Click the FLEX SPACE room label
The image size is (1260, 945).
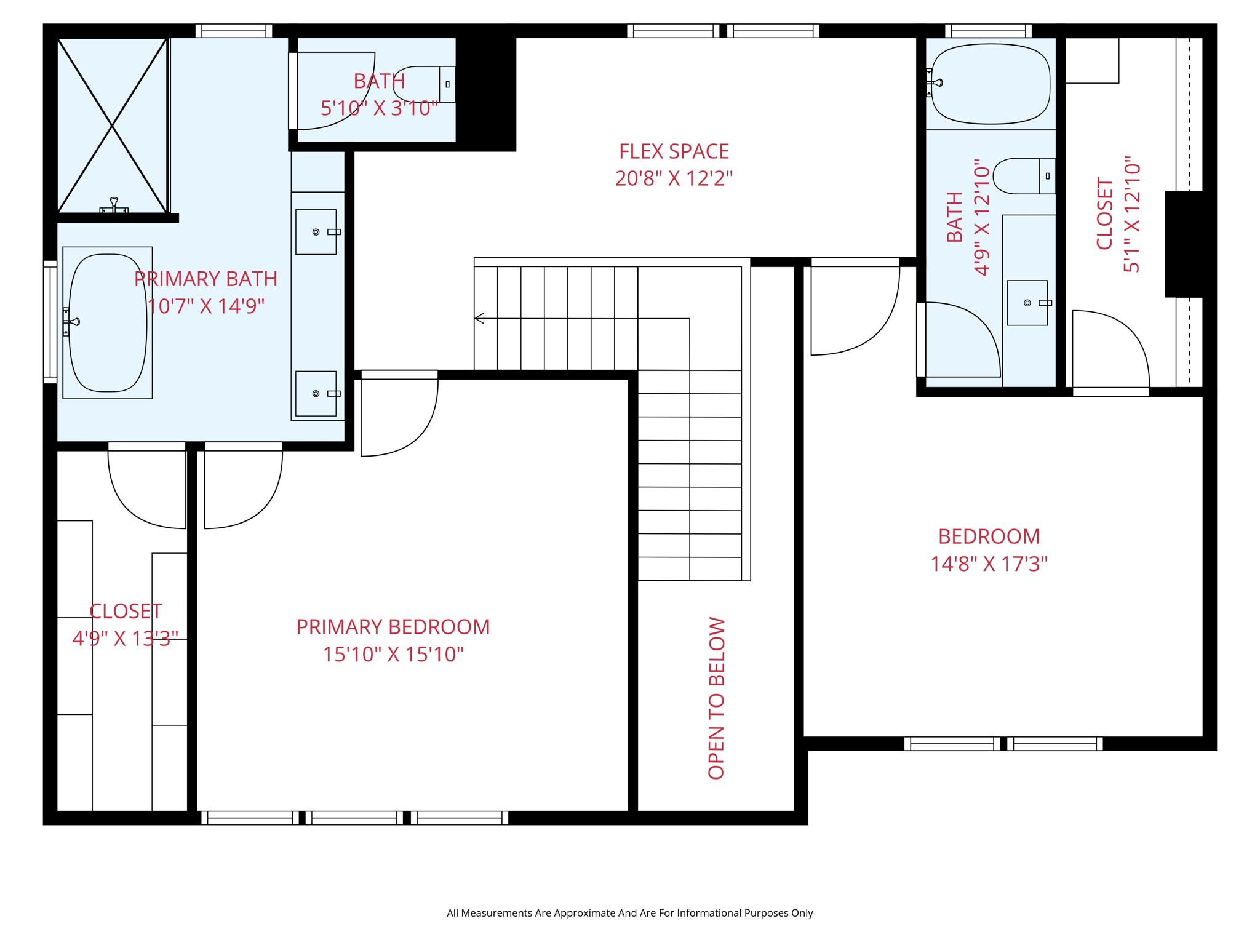click(674, 151)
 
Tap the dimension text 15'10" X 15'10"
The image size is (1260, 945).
click(393, 655)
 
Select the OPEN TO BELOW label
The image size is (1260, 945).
click(717, 698)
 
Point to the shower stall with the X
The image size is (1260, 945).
click(112, 126)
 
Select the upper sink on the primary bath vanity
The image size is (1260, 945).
click(316, 232)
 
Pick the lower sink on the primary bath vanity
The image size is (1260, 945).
click(316, 394)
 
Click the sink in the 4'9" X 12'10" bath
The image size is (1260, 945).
click(1027, 303)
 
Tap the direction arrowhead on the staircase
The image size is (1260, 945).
click(480, 318)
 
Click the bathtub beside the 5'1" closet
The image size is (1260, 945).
click(991, 84)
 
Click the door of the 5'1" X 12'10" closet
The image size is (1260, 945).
click(1110, 351)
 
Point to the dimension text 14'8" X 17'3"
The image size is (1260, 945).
click(989, 564)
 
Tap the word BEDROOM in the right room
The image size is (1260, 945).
click(989, 537)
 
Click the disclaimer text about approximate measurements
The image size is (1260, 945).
click(629, 913)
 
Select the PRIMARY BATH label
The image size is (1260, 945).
click(205, 279)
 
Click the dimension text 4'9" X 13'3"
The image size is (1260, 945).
click(125, 639)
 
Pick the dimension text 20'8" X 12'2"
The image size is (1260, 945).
click(674, 178)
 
